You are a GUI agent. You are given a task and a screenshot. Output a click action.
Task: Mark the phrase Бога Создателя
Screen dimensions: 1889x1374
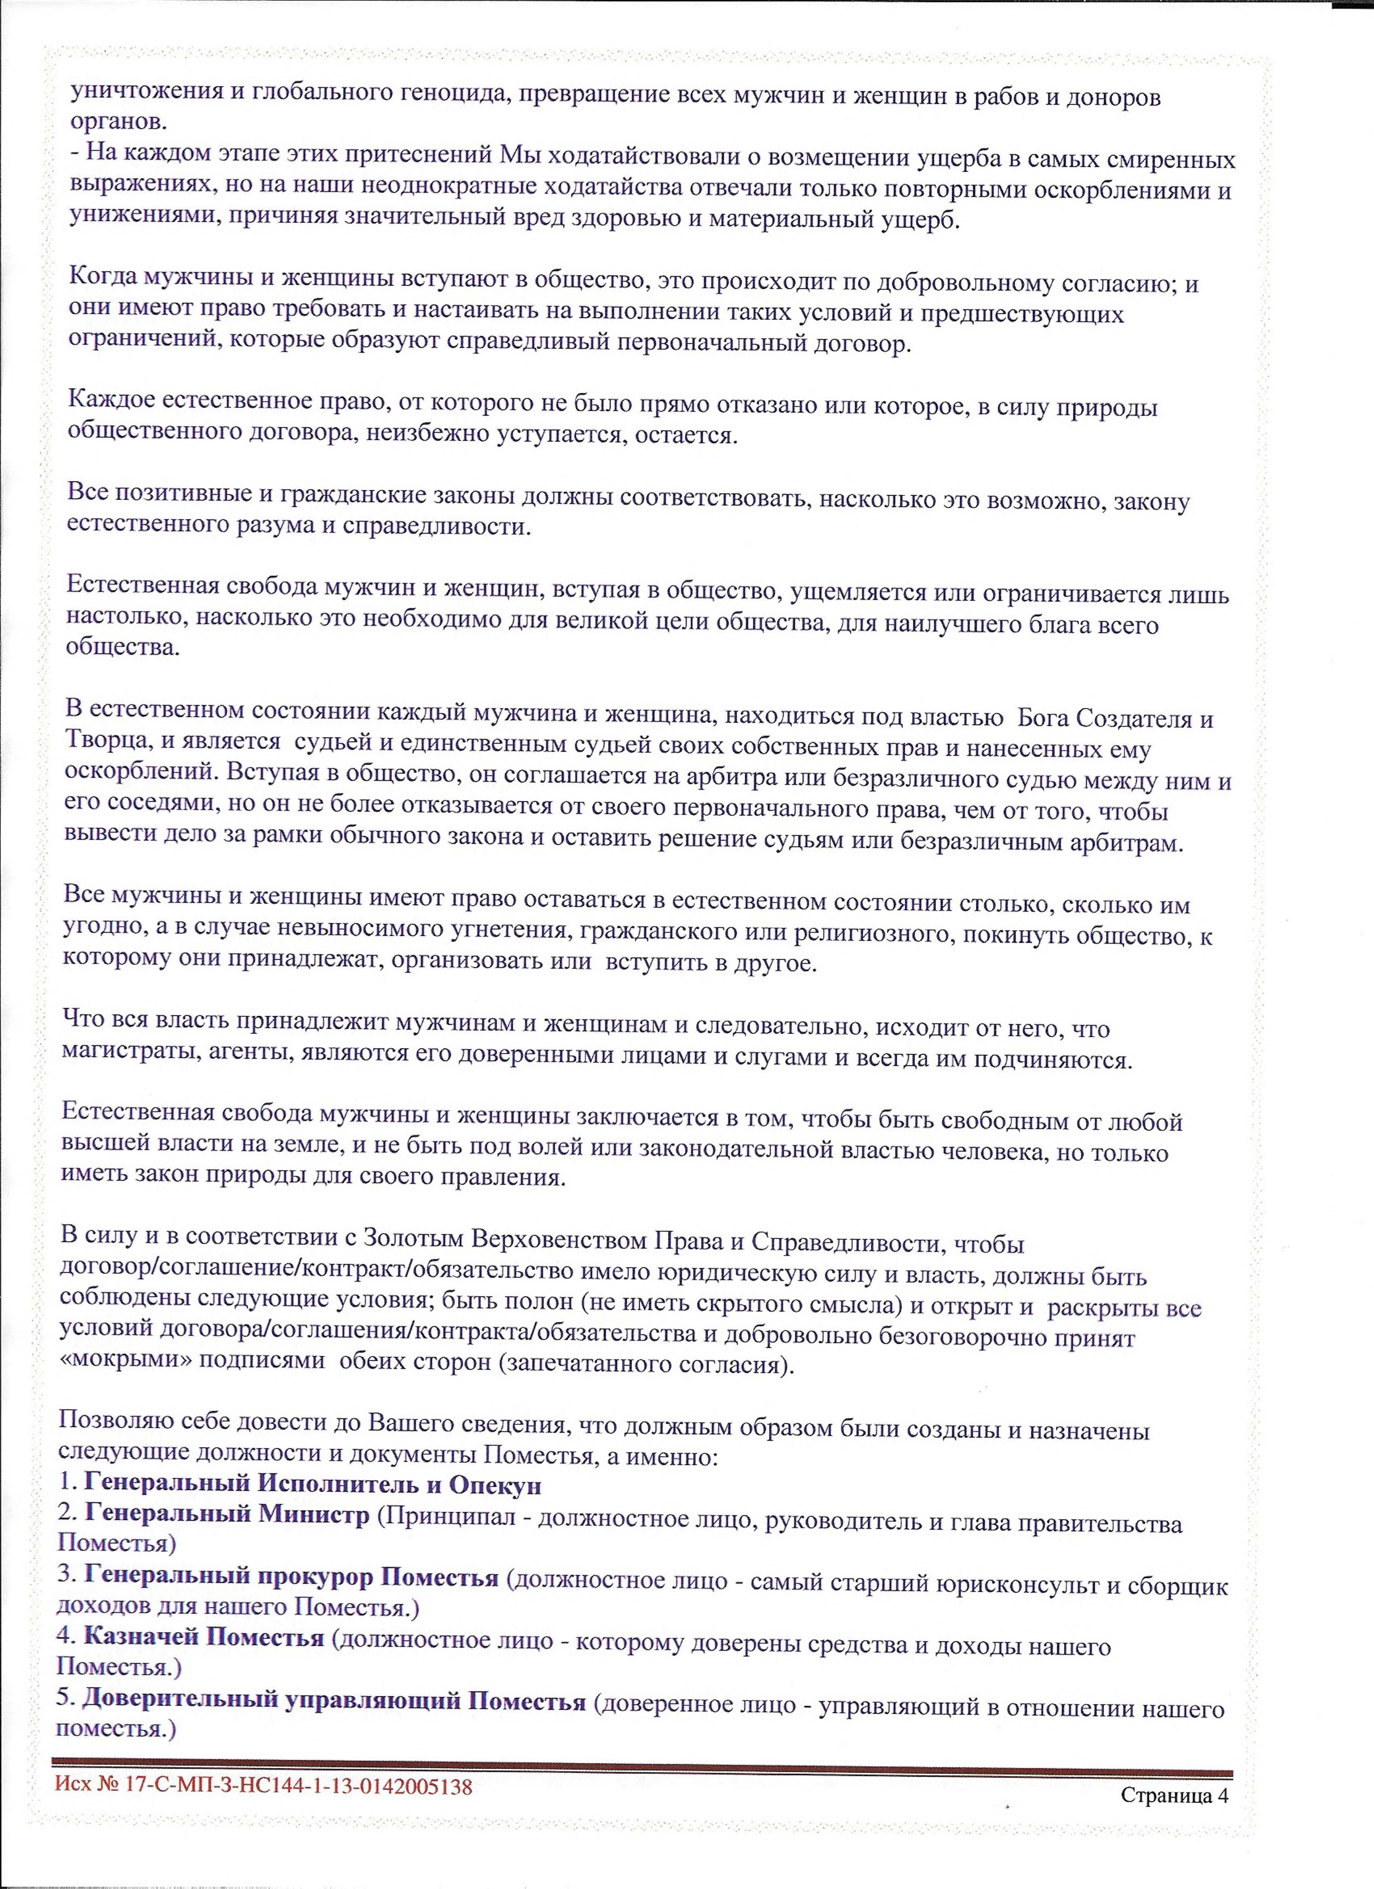1117,718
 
